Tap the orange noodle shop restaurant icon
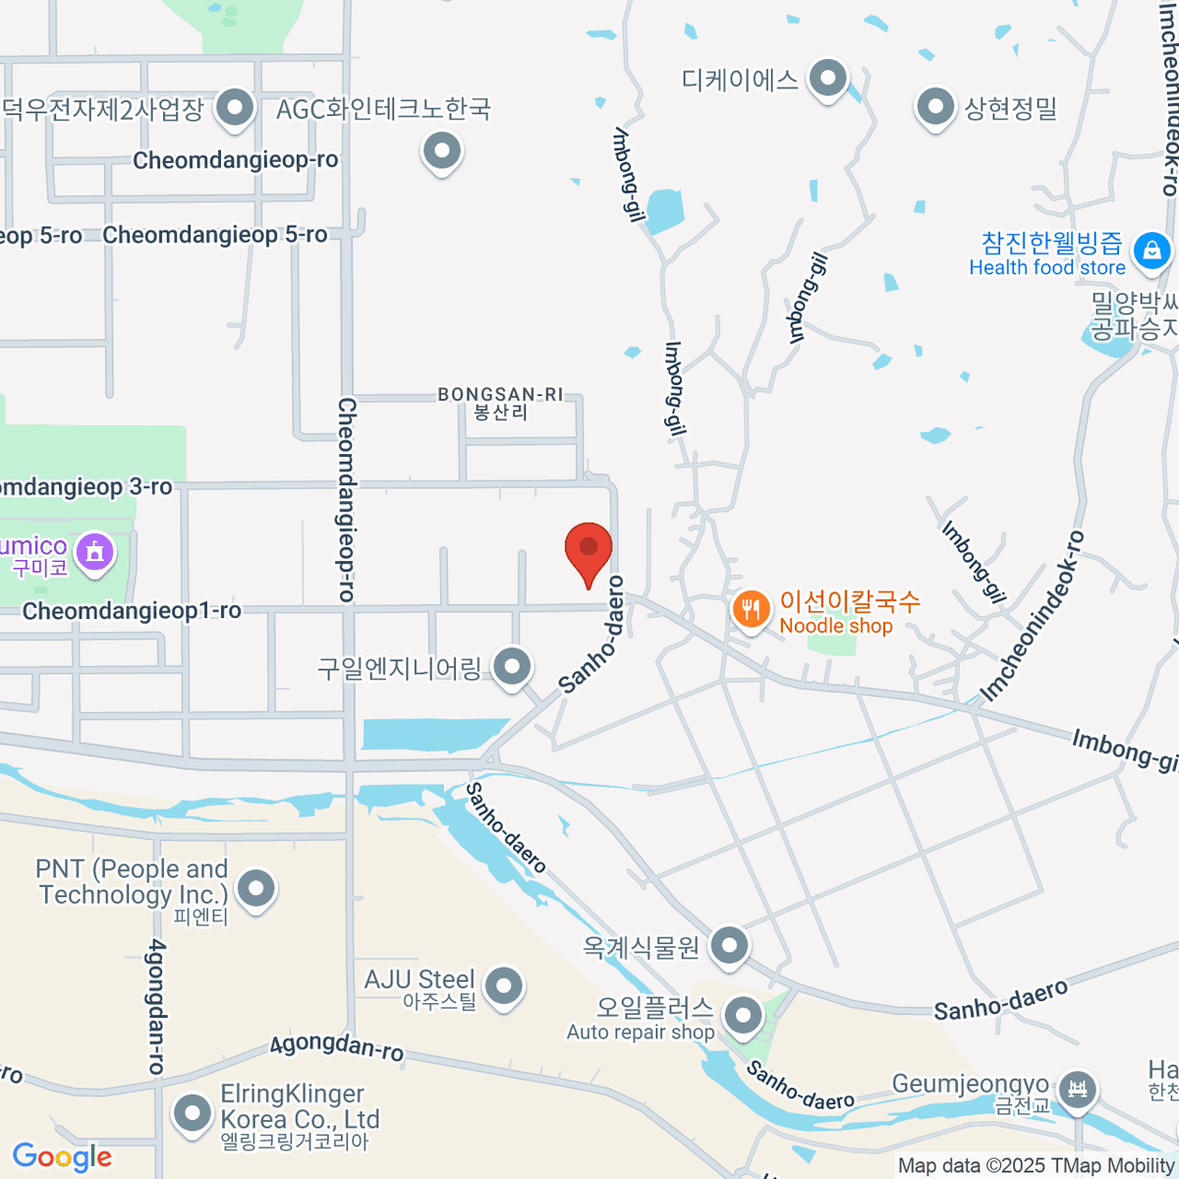751,610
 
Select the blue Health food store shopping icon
1151,252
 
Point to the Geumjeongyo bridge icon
1079,1090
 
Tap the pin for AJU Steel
504,985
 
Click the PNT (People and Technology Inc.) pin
256,888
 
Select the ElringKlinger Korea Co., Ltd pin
192,1113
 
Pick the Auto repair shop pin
744,1015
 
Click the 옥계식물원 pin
729,947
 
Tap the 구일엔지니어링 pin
512,667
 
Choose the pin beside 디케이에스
828,78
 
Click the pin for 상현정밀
934,107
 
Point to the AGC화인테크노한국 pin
442,151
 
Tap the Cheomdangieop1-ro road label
132,611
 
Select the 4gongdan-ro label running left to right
337,1047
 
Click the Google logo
62,1157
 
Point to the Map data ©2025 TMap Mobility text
1036,1166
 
